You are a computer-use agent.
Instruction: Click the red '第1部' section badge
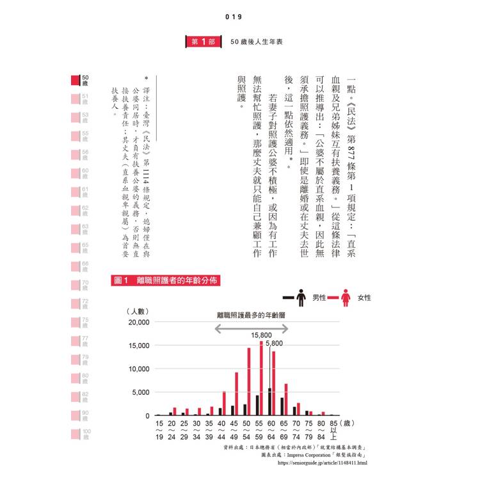point(204,42)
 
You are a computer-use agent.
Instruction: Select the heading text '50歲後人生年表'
point(255,42)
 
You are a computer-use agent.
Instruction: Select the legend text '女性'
point(365,298)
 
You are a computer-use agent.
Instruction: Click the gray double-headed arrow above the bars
point(251,328)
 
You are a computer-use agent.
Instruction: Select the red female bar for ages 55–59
point(261,378)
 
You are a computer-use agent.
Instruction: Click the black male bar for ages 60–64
point(269,402)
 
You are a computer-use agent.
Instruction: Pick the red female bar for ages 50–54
point(249,381)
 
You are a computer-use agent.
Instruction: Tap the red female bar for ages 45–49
point(236,394)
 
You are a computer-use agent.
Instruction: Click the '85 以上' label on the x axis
point(333,429)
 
